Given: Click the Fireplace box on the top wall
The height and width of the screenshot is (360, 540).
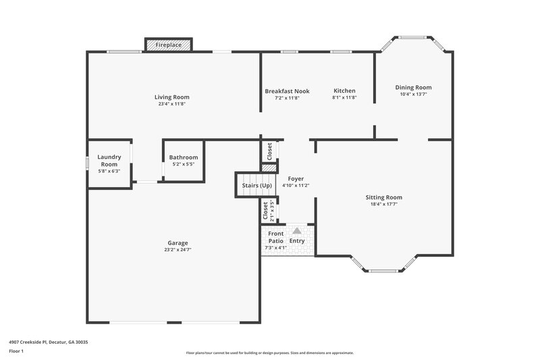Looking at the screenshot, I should (x=169, y=45).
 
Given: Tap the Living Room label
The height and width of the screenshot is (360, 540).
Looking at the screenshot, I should (x=171, y=97).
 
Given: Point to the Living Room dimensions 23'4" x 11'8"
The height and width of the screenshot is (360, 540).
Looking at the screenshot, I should (x=171, y=104).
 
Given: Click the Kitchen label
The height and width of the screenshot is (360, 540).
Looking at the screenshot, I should (x=344, y=91).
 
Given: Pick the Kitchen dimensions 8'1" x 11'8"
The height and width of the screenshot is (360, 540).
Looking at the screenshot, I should (x=344, y=98).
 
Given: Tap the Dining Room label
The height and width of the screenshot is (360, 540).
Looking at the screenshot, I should (x=413, y=87).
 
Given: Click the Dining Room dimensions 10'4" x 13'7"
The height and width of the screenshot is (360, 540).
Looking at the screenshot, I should (x=413, y=95).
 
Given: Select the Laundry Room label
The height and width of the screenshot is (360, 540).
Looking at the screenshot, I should (x=109, y=161).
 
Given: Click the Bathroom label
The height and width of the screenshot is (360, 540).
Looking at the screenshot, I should (x=184, y=157).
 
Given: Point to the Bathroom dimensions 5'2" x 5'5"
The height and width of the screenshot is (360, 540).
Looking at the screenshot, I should (x=184, y=164).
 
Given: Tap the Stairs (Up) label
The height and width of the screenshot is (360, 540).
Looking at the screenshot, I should (x=257, y=185).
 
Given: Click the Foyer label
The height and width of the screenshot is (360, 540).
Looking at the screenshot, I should (x=296, y=178).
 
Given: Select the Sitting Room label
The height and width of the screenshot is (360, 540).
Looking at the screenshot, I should (x=384, y=197).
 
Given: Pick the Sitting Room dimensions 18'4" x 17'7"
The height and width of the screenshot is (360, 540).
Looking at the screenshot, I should (x=384, y=205).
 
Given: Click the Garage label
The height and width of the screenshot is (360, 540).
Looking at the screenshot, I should (x=178, y=242).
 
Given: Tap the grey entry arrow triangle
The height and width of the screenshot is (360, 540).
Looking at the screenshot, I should (x=296, y=230).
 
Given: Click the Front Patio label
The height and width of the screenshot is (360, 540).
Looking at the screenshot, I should (x=275, y=237).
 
